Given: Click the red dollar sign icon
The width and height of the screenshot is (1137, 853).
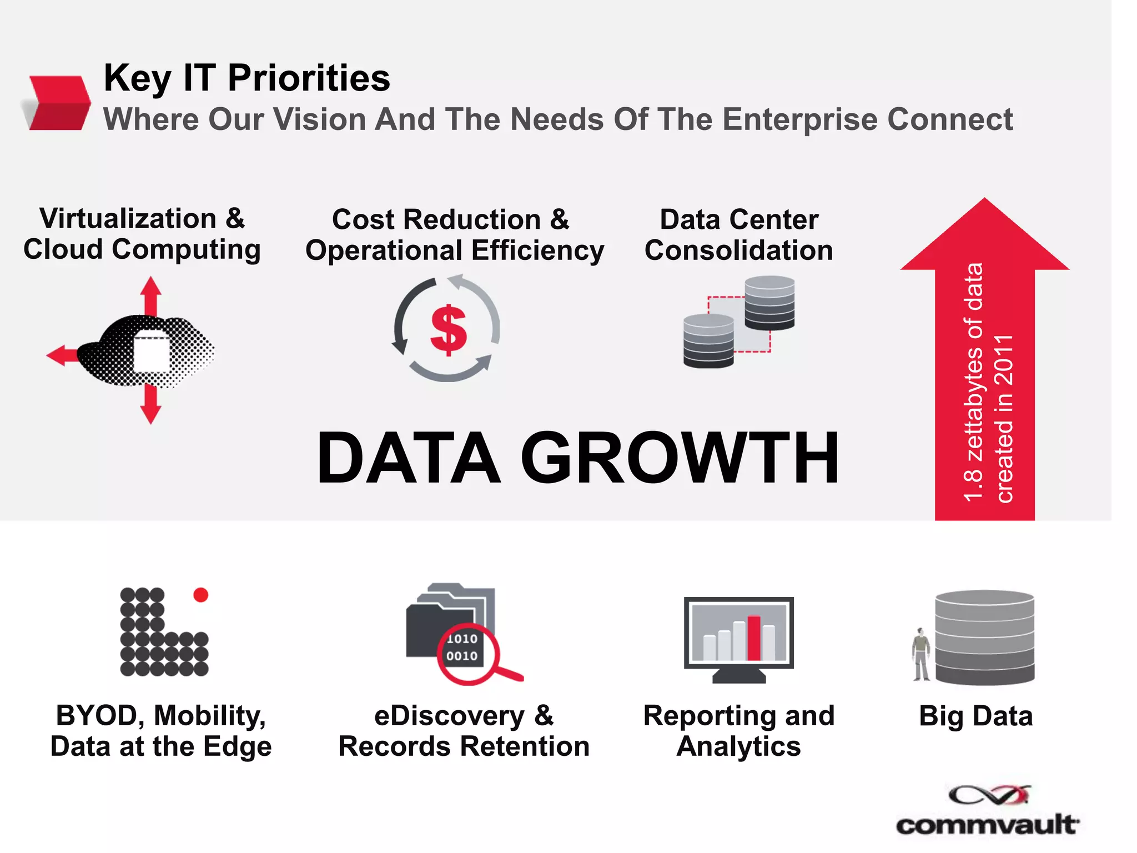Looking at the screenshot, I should click(448, 330).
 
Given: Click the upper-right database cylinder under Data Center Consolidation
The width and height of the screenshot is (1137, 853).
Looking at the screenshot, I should click(769, 303).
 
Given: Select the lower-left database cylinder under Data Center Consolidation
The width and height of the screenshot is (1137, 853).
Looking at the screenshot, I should click(708, 340).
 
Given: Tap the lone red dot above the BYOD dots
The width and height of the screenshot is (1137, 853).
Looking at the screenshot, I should click(200, 595).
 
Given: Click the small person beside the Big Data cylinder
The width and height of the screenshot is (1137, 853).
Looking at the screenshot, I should click(921, 654).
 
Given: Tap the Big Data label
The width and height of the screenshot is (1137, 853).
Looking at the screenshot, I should click(975, 716).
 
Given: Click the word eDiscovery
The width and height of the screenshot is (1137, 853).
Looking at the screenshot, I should click(449, 716).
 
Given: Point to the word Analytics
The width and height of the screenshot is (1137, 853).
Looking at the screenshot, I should click(738, 746).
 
